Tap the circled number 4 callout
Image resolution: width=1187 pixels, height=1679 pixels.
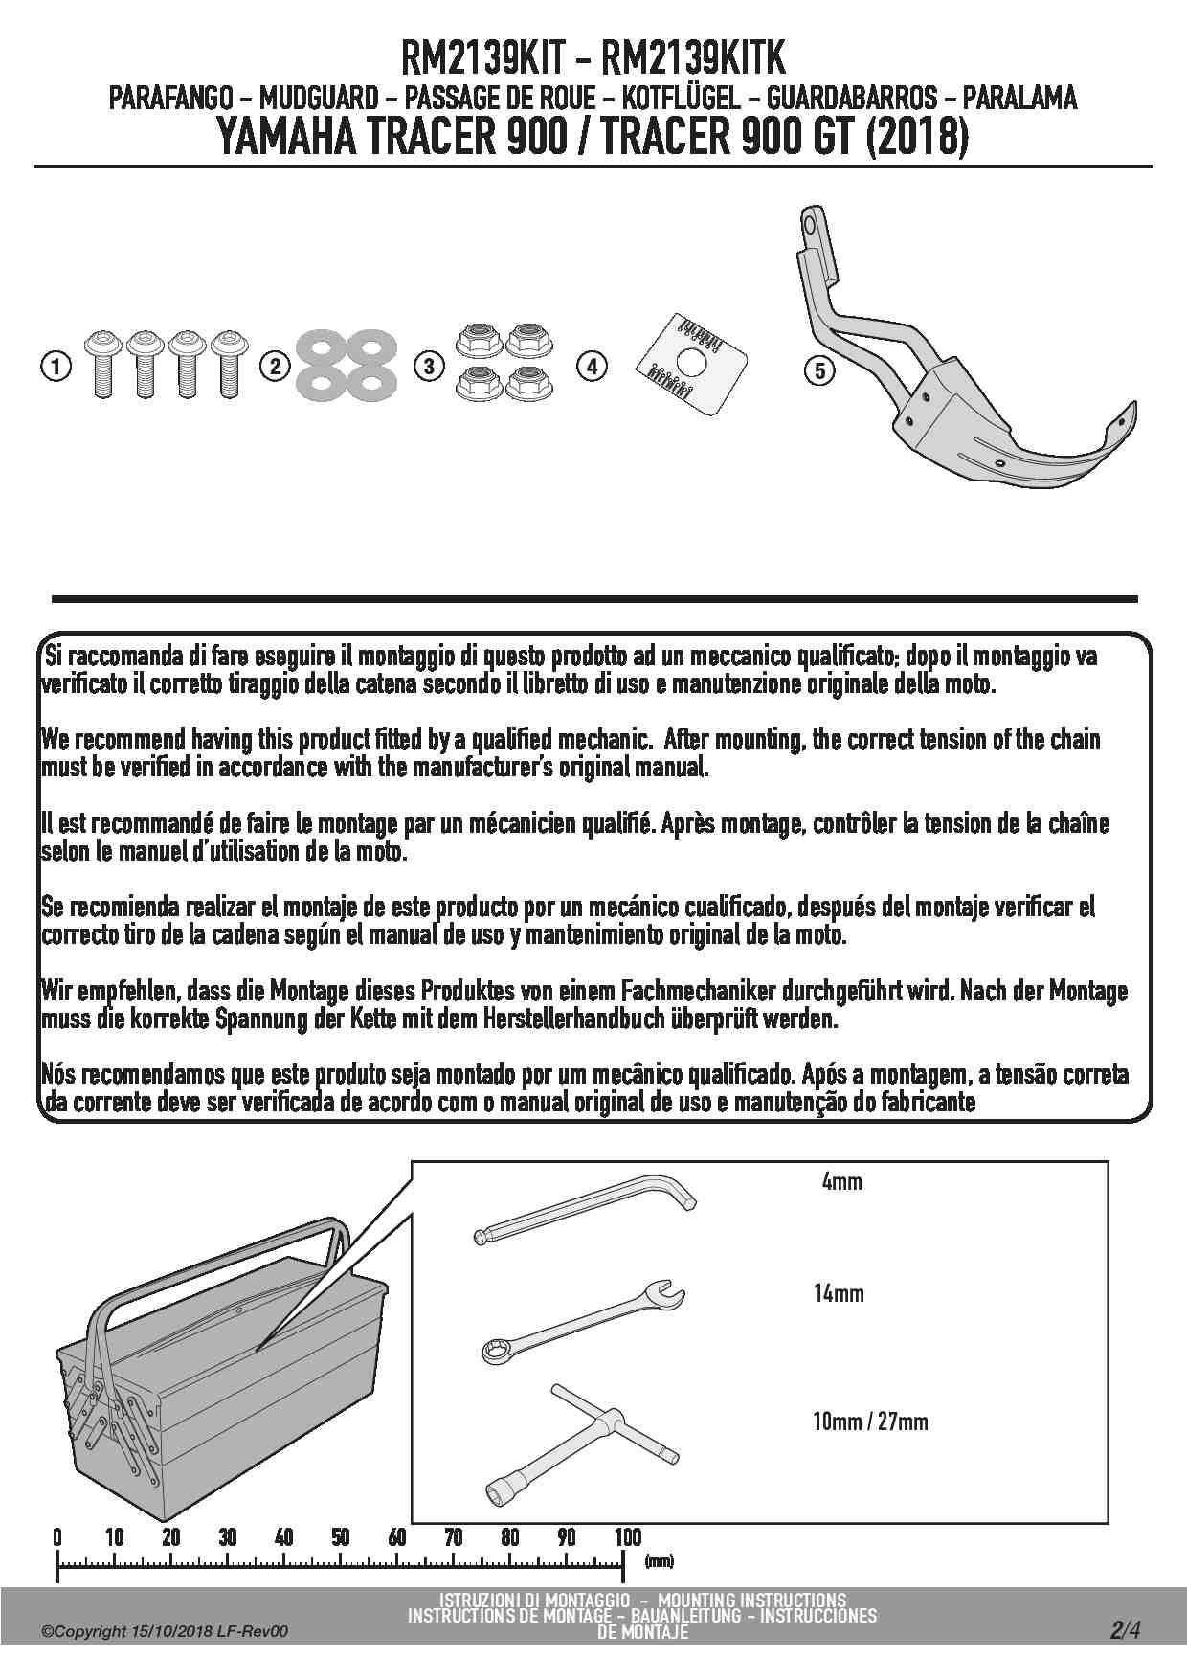coord(593,367)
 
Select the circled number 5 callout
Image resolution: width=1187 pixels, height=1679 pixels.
coord(820,370)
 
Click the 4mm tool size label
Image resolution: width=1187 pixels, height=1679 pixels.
coord(842,1181)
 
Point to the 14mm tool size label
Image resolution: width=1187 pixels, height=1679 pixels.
coord(839,1293)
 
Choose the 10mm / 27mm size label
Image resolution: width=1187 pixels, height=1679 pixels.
coord(870,1422)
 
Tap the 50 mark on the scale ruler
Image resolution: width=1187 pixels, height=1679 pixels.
coord(341,1537)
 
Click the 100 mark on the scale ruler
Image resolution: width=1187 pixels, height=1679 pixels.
coord(627,1537)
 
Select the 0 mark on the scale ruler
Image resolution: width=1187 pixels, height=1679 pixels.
coord(57,1537)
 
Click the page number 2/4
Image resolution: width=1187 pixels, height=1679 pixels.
coord(1126,1629)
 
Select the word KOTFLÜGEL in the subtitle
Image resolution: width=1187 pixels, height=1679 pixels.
coord(680,98)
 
